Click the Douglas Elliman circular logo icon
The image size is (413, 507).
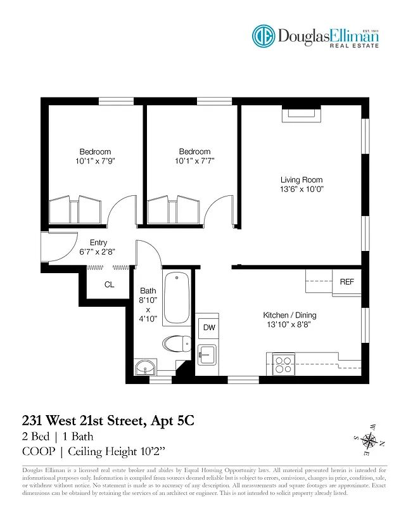pos(265,36)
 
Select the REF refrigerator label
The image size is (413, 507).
pos(346,282)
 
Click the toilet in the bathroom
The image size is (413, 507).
pos(176,344)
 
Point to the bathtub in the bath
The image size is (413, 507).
pos(176,297)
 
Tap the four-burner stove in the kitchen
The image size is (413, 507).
pos(283,364)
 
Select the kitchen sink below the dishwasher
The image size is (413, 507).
pos(206,354)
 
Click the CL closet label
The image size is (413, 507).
pos(109,285)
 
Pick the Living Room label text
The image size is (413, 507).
pos(302,180)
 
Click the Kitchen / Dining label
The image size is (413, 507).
pos(289,315)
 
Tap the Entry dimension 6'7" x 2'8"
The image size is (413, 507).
pos(98,252)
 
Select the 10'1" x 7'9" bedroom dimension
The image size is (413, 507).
pos(95,161)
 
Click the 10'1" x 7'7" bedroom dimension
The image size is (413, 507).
pos(194,161)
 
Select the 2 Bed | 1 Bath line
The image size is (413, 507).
pos(58,436)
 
